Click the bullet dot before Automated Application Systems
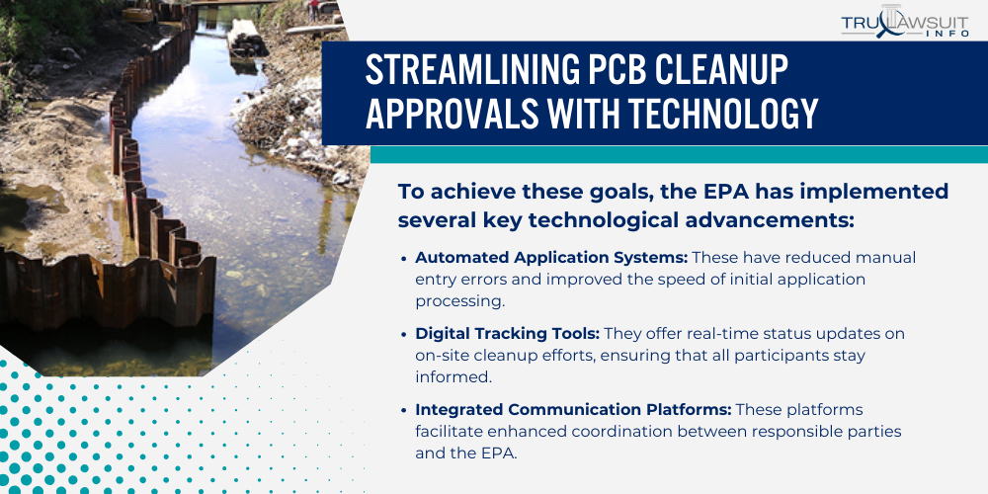point(405,258)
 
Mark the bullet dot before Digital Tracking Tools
point(405,334)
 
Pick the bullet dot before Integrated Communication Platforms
point(405,410)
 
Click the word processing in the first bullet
point(454,301)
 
